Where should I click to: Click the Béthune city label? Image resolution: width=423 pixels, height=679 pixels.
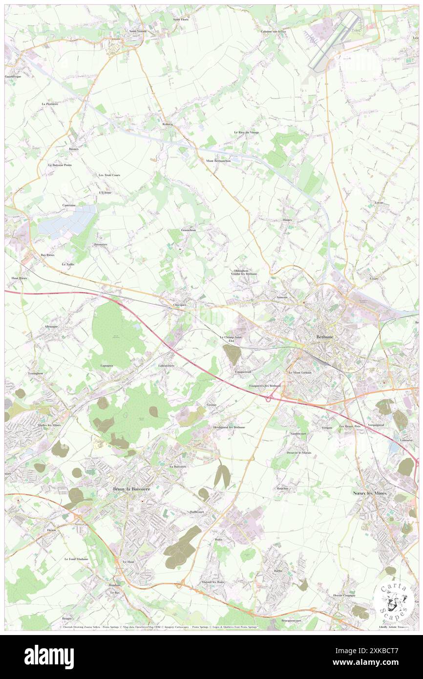(x=324, y=337)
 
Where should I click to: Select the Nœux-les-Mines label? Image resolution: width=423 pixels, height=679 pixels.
(x=370, y=493)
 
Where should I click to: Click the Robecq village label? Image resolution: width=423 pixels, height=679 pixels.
(x=168, y=125)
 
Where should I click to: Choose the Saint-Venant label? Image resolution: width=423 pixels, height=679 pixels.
(x=138, y=31)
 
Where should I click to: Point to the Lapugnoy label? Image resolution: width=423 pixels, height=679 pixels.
(x=107, y=365)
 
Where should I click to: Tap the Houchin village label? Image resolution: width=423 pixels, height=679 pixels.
(x=282, y=488)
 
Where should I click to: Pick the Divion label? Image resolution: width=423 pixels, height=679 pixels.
(x=51, y=530)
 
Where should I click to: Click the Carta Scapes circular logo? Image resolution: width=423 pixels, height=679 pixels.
(x=394, y=600)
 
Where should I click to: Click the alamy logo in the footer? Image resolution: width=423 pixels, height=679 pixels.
(x=49, y=657)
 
